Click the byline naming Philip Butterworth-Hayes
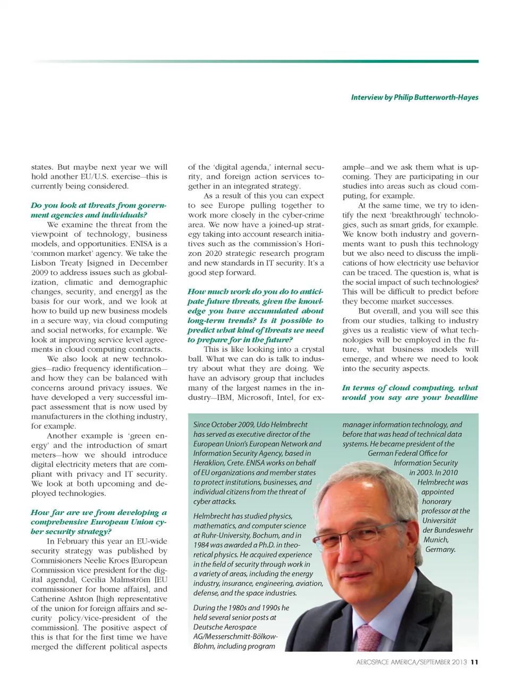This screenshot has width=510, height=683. [414, 97]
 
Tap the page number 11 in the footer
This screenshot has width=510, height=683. [474, 662]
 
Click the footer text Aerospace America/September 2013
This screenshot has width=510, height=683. [411, 662]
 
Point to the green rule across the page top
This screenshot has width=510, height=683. [255, 61]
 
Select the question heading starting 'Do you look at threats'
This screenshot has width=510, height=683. [98, 210]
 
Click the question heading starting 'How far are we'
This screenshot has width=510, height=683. [98, 522]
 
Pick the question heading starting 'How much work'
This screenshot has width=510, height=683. [255, 315]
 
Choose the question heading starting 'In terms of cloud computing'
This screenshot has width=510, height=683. [410, 393]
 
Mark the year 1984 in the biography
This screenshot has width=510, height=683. [202, 545]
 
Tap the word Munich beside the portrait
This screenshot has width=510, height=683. [436, 539]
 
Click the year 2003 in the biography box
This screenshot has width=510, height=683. [419, 472]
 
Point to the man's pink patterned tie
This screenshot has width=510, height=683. [368, 638]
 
